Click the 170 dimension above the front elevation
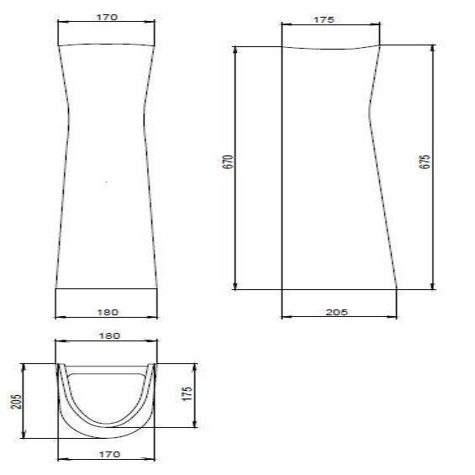coord(107,18)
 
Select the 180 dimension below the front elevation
coord(108,313)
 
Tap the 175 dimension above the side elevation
coord(324,20)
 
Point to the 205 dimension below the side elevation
coord(336,313)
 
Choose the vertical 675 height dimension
coord(425,161)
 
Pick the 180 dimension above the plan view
coord(109,336)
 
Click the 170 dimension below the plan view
coord(109,454)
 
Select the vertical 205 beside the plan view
coord(16,402)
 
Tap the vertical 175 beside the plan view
coord(187,393)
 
